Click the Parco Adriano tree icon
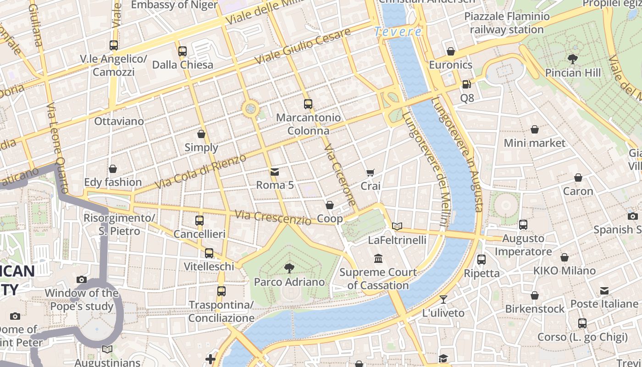click(x=289, y=268)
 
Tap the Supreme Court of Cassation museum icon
click(x=378, y=259)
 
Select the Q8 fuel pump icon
click(x=466, y=84)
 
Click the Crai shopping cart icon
click(x=371, y=173)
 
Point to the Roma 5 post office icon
click(x=275, y=172)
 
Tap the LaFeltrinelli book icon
click(x=397, y=226)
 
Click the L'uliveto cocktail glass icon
click(x=443, y=300)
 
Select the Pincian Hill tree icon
click(x=572, y=59)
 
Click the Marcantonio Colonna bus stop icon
click(x=308, y=104)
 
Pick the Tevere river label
click(x=398, y=32)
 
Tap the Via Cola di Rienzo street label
click(x=201, y=172)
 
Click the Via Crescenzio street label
click(x=273, y=217)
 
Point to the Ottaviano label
click(x=119, y=122)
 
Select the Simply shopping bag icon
click(x=201, y=134)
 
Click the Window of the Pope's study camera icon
click(x=82, y=279)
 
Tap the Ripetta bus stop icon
click(x=481, y=260)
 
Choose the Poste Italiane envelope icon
click(x=604, y=290)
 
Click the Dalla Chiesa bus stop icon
click(x=183, y=51)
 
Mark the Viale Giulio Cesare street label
click(x=303, y=46)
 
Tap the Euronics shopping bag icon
click(x=451, y=51)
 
